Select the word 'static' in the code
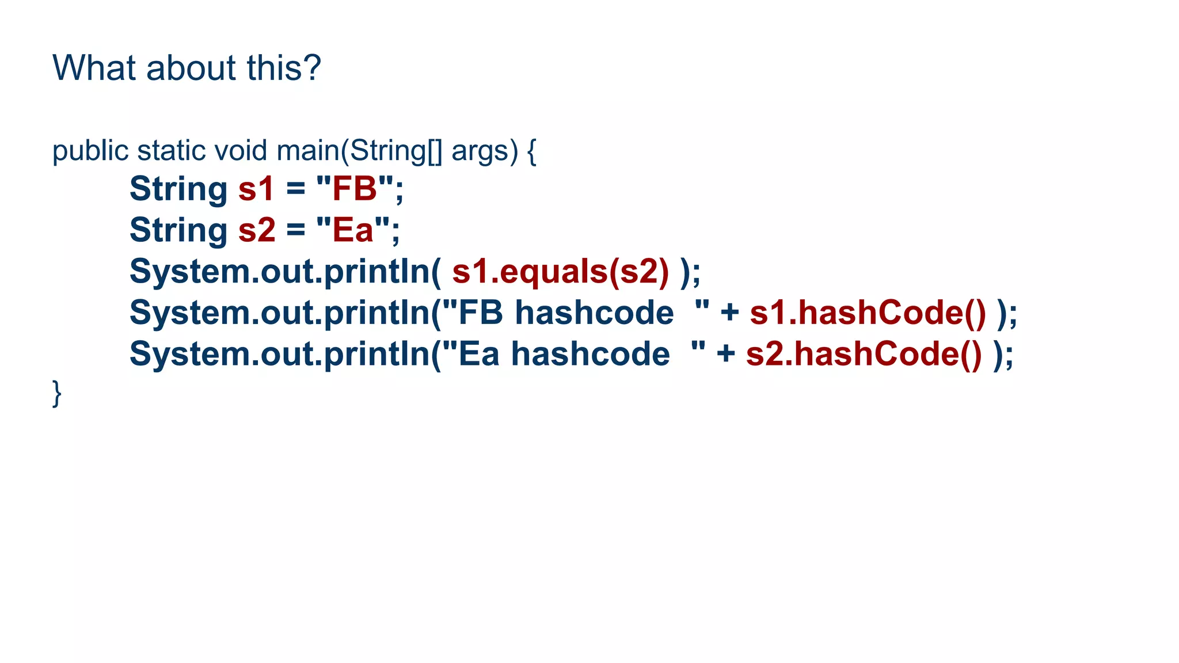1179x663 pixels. [x=172, y=151]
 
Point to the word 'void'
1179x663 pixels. [x=240, y=151]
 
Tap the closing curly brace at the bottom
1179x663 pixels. [x=56, y=394]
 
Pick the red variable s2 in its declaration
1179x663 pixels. [x=257, y=230]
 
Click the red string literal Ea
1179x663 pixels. [x=353, y=230]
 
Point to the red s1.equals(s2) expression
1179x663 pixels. [x=560, y=272]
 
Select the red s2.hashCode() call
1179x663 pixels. [x=864, y=354]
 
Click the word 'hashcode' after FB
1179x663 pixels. [x=594, y=313]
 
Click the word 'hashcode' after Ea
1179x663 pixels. [x=590, y=354]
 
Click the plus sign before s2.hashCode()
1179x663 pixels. [x=726, y=353]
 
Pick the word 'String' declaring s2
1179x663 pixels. [x=178, y=230]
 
